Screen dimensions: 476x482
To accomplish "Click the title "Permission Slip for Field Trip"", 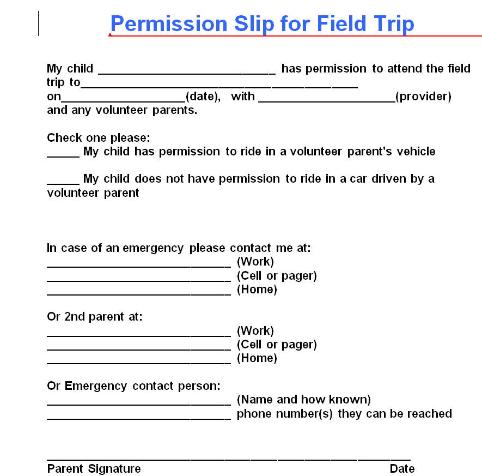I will coord(262,24).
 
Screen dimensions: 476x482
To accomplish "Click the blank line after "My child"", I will coord(187,71).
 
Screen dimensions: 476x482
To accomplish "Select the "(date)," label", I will coord(203,97).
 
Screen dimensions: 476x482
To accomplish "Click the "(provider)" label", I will coord(423,97).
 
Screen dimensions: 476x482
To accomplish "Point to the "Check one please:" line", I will coord(99,137).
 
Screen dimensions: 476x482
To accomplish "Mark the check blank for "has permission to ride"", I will coord(63,154).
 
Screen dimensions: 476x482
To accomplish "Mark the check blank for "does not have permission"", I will coord(63,182).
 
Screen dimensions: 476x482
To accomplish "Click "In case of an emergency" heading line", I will coord(179,248).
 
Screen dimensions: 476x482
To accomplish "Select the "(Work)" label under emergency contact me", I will coord(255,262).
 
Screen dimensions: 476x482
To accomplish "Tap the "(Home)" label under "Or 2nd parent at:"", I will coord(257,358).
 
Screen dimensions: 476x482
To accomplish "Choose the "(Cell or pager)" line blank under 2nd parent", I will coord(139,347).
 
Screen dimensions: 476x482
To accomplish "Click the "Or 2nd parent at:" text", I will coord(95,317).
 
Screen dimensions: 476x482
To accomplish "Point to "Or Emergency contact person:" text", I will coord(133,386).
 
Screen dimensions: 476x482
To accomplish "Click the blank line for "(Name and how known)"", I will coord(139,402).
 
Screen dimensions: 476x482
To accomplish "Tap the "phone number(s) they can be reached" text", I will coord(344,414).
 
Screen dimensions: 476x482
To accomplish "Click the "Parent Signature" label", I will coord(94,469).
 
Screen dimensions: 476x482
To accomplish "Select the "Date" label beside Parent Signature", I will coord(402,469).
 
